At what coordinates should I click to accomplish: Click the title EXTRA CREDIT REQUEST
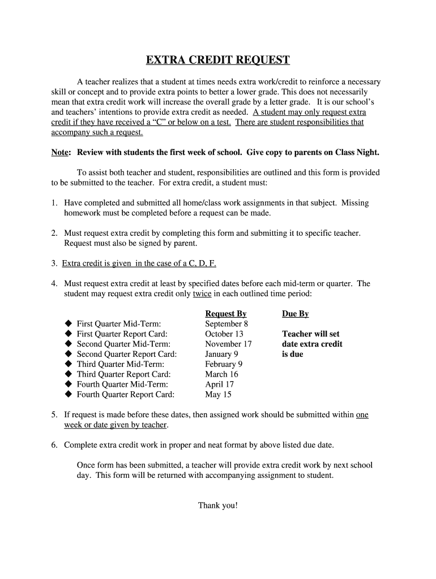point(218,60)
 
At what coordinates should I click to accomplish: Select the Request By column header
point(225,314)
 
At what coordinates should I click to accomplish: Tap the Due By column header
point(295,314)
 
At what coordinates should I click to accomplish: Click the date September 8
point(226,324)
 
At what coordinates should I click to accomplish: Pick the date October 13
point(224,334)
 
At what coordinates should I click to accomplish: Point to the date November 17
point(228,344)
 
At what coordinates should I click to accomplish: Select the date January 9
point(221,354)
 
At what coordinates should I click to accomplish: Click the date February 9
point(223,364)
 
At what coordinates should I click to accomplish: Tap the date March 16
point(221,374)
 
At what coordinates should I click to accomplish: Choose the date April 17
point(219,384)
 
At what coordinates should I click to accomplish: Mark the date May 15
point(218,395)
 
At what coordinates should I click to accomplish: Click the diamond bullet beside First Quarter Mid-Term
point(68,324)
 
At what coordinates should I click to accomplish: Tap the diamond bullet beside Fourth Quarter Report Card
point(68,395)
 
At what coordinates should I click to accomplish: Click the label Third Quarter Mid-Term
point(120,364)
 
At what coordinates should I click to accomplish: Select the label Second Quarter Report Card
point(127,354)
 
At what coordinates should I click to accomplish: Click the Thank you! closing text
point(218,505)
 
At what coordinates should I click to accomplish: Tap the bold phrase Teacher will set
point(310,334)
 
